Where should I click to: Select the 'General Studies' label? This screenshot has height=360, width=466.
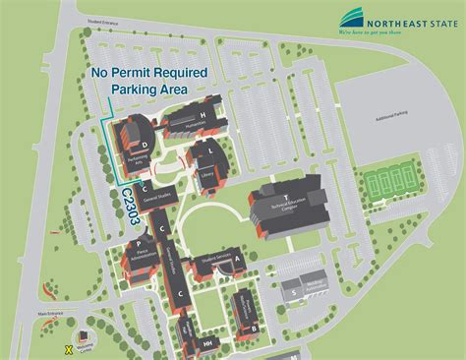click(157, 199)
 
